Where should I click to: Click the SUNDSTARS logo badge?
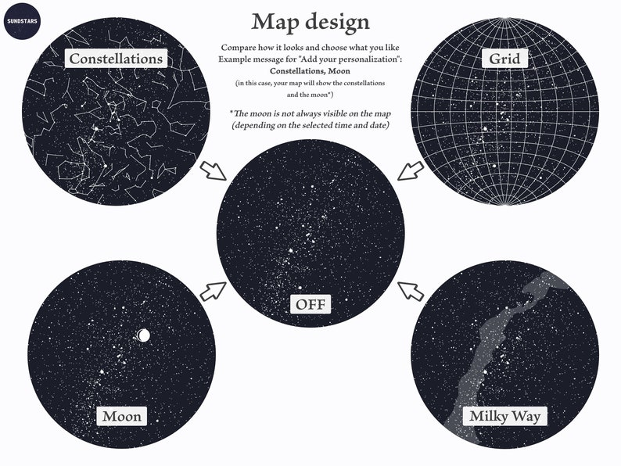(x=18, y=18)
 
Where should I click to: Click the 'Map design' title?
(x=310, y=21)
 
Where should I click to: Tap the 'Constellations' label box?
(x=116, y=58)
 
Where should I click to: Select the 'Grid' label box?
(x=504, y=58)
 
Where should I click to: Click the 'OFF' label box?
(x=310, y=303)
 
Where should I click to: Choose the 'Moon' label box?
(x=121, y=415)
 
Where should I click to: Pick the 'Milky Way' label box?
(x=504, y=415)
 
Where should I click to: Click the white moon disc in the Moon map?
(x=143, y=335)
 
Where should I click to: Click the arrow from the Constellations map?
(x=214, y=169)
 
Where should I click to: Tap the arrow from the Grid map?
(x=409, y=169)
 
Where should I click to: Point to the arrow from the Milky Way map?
(x=410, y=291)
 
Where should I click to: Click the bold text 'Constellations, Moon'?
(x=310, y=71)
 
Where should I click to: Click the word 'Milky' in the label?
(x=486, y=415)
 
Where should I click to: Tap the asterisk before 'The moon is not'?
(x=232, y=112)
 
